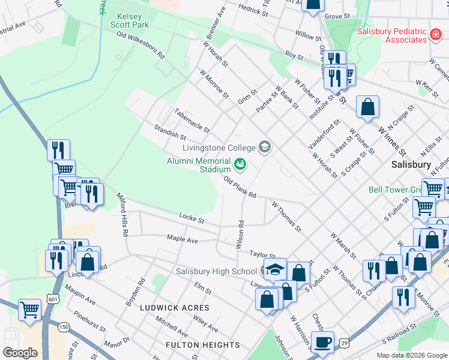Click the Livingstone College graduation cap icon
click(x=264, y=147)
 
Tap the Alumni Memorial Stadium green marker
click(x=240, y=163)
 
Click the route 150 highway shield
click(x=64, y=326)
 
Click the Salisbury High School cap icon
click(x=275, y=269)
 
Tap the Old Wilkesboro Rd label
click(x=140, y=44)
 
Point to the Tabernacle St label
click(x=191, y=120)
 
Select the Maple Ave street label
click(x=182, y=239)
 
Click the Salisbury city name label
click(x=411, y=164)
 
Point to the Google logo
click(x=20, y=352)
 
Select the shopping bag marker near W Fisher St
click(x=367, y=108)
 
